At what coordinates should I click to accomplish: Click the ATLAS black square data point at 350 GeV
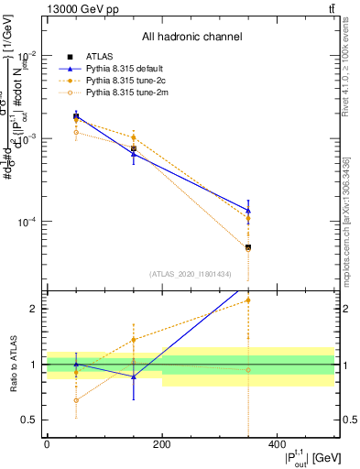pyautogui.click(x=247, y=247)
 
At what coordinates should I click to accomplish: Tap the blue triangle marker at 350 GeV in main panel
pyautogui.click(x=247, y=210)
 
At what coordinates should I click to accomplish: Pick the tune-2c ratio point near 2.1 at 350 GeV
pyautogui.click(x=247, y=300)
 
